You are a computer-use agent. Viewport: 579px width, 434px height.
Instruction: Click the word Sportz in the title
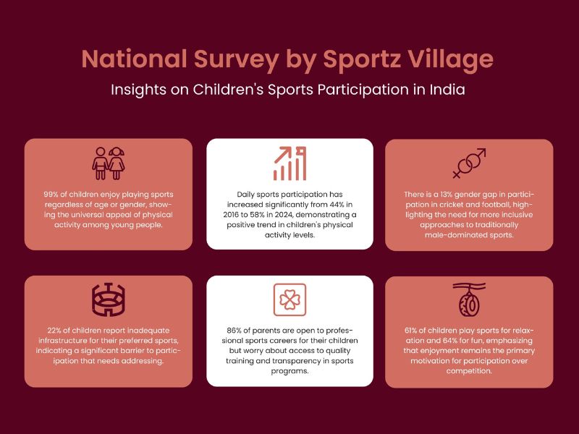tap(362, 59)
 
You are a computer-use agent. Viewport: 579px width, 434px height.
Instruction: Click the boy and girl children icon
tap(108, 163)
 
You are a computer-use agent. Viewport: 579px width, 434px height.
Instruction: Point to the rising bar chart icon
tap(290, 163)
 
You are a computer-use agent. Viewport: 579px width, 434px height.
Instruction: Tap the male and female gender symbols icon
tap(469, 163)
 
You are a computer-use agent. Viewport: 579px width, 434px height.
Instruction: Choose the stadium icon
tap(108, 299)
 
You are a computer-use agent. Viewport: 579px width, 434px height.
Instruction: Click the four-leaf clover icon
tap(290, 299)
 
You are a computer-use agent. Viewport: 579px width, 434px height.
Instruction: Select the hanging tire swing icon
tap(469, 299)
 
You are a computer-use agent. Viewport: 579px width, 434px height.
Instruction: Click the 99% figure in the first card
tap(51, 195)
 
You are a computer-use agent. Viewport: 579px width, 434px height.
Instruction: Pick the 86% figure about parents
tap(234, 331)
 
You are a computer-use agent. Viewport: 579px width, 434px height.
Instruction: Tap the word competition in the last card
tap(469, 371)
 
